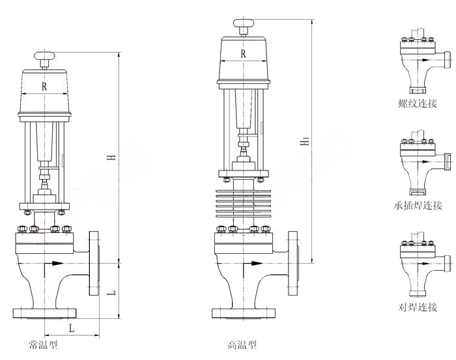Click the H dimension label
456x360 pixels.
click(x=111, y=157)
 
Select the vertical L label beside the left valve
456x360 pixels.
click(x=111, y=292)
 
